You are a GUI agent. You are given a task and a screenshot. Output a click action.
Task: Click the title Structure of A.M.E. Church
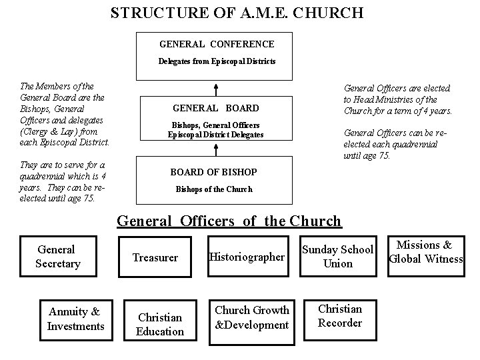tap(237, 13)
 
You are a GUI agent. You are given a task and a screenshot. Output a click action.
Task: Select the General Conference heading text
tap(217, 44)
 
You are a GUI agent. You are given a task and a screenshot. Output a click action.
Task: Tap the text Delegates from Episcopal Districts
tap(217, 61)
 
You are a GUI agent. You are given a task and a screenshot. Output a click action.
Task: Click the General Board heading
tap(215, 108)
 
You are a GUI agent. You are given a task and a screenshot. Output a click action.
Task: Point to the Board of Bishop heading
tap(213, 172)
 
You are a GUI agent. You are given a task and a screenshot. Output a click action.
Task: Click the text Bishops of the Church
tap(214, 189)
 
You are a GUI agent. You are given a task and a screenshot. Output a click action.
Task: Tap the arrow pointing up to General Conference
tap(216, 89)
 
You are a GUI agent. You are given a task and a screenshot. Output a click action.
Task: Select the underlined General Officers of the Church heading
tap(229, 221)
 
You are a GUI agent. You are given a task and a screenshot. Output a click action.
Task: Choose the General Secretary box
tap(58, 257)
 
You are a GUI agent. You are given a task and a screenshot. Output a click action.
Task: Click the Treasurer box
tap(155, 257)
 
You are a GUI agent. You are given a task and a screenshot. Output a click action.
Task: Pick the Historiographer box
tap(247, 257)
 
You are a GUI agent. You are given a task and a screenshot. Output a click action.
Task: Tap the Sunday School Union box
tap(338, 257)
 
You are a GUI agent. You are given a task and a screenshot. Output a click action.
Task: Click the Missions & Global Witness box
tap(425, 252)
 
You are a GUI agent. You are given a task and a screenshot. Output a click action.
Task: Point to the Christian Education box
tap(159, 324)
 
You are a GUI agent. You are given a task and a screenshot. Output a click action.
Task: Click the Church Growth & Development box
tap(252, 318)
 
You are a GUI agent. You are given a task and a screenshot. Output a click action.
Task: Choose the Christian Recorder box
tap(340, 316)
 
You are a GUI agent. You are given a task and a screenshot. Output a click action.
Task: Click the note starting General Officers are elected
tap(397, 99)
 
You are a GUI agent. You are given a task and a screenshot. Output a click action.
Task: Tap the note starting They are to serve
tap(63, 181)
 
